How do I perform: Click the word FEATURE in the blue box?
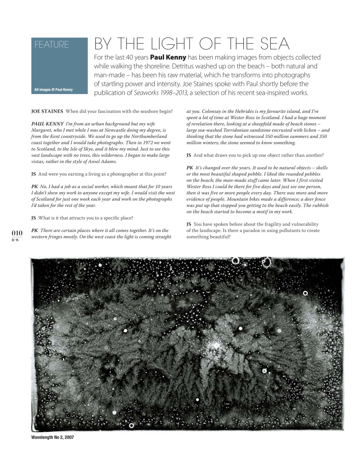tap(51, 45)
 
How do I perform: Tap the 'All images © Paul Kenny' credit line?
tap(53, 90)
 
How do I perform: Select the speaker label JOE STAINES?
tap(47, 111)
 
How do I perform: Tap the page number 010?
tap(17, 233)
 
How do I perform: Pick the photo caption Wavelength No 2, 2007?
tap(53, 438)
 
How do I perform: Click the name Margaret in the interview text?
tap(42, 130)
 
